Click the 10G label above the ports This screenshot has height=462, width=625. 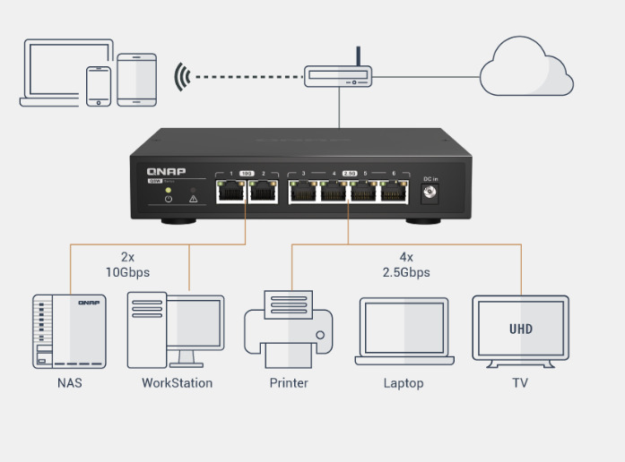click(x=247, y=172)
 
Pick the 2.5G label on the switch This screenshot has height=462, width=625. click(x=349, y=172)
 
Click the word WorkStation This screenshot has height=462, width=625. click(x=177, y=383)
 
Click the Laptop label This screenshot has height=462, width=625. click(x=404, y=383)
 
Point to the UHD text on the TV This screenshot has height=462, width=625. click(x=520, y=329)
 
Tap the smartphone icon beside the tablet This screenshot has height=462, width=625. click(x=99, y=86)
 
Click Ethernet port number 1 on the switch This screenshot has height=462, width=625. click(x=230, y=191)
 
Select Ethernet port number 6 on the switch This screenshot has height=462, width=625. click(x=392, y=191)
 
